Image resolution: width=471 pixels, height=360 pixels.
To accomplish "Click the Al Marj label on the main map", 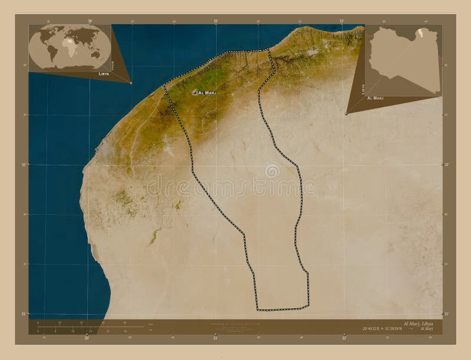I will (208, 93).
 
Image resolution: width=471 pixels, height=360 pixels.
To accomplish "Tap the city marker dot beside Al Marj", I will (194, 92).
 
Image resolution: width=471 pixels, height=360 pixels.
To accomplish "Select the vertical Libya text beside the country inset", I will (363, 88).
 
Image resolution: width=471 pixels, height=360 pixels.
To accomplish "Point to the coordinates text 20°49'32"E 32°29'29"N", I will (384, 327).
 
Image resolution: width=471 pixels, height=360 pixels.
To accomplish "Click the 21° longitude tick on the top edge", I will (216, 21).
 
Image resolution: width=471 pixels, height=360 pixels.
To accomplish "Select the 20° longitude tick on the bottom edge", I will (87, 338).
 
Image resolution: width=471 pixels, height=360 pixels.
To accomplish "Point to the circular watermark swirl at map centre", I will (272, 171).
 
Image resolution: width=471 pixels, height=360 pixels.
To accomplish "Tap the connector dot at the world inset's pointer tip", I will (131, 82).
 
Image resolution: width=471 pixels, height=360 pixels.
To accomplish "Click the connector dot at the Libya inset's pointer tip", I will (346, 114).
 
